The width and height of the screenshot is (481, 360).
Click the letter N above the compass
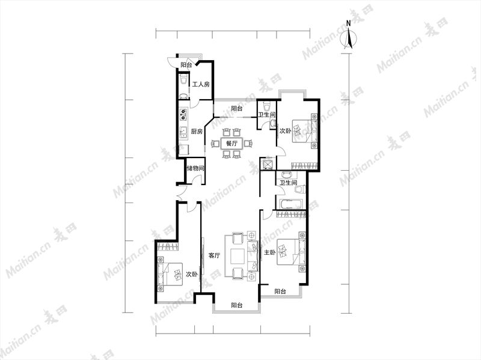tap(348, 23)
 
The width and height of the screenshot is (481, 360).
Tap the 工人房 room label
tap(201, 84)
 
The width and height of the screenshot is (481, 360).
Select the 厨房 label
tap(197, 132)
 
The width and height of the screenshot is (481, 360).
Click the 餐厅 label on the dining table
tap(231, 144)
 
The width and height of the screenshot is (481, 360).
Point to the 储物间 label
tap(196, 168)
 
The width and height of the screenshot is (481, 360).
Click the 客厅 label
tap(215, 255)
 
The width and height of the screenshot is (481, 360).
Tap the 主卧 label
tap(270, 252)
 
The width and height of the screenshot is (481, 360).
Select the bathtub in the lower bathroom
tap(290, 204)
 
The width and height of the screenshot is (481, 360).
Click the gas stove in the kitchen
tap(183, 114)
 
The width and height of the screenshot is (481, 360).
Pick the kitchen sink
tap(183, 132)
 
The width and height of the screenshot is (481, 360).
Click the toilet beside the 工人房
tap(183, 79)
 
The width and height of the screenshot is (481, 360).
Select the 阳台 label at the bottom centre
tap(237, 305)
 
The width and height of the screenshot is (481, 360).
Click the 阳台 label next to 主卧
tap(280, 291)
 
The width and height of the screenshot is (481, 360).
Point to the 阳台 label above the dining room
tap(237, 108)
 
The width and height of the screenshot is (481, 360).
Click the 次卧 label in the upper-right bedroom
tap(285, 131)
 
